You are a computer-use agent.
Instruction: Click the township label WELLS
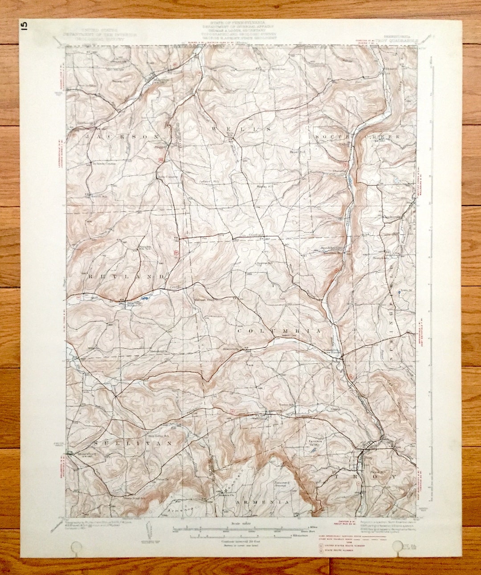pyautogui.click(x=240, y=129)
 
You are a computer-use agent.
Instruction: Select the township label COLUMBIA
pyautogui.click(x=278, y=332)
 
